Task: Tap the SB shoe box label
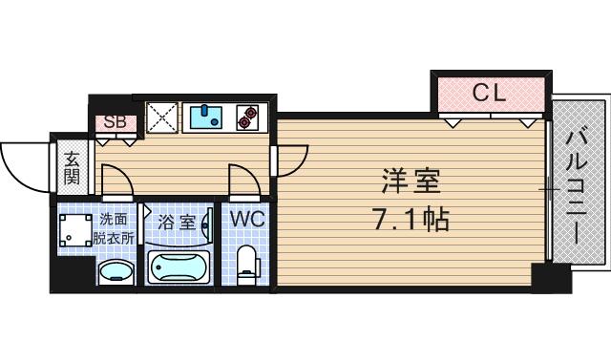click(x=115, y=122)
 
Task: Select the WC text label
click(x=247, y=219)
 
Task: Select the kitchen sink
click(x=205, y=117)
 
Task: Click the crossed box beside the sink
click(x=161, y=117)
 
